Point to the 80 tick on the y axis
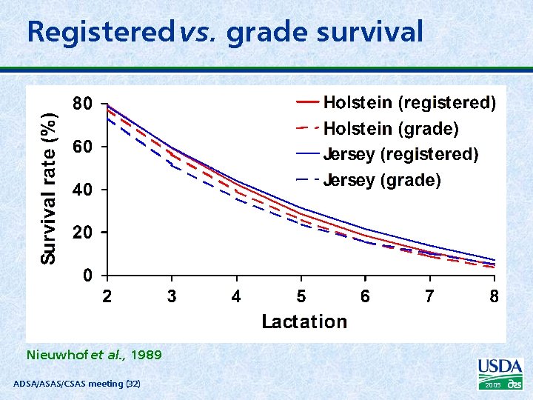click(82, 104)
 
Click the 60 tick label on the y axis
click(82, 147)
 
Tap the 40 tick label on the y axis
click(82, 190)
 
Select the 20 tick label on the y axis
click(82, 233)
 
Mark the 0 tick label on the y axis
click(88, 276)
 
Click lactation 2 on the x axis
click(107, 297)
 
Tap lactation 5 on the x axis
click(301, 297)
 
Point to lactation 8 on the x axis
click(495, 297)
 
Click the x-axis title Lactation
click(304, 321)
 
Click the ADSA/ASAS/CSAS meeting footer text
click(77, 383)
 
